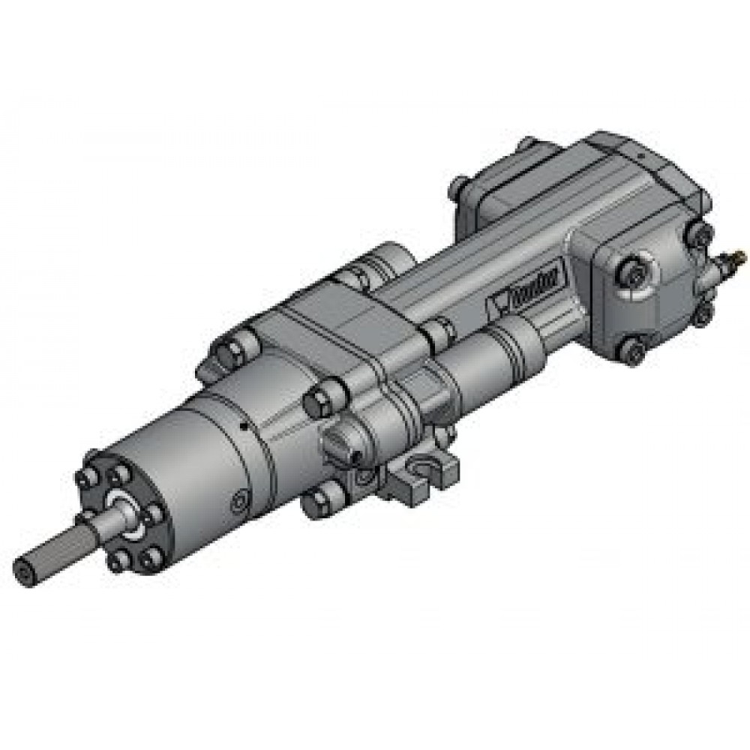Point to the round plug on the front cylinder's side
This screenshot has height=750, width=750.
coord(241,501)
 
